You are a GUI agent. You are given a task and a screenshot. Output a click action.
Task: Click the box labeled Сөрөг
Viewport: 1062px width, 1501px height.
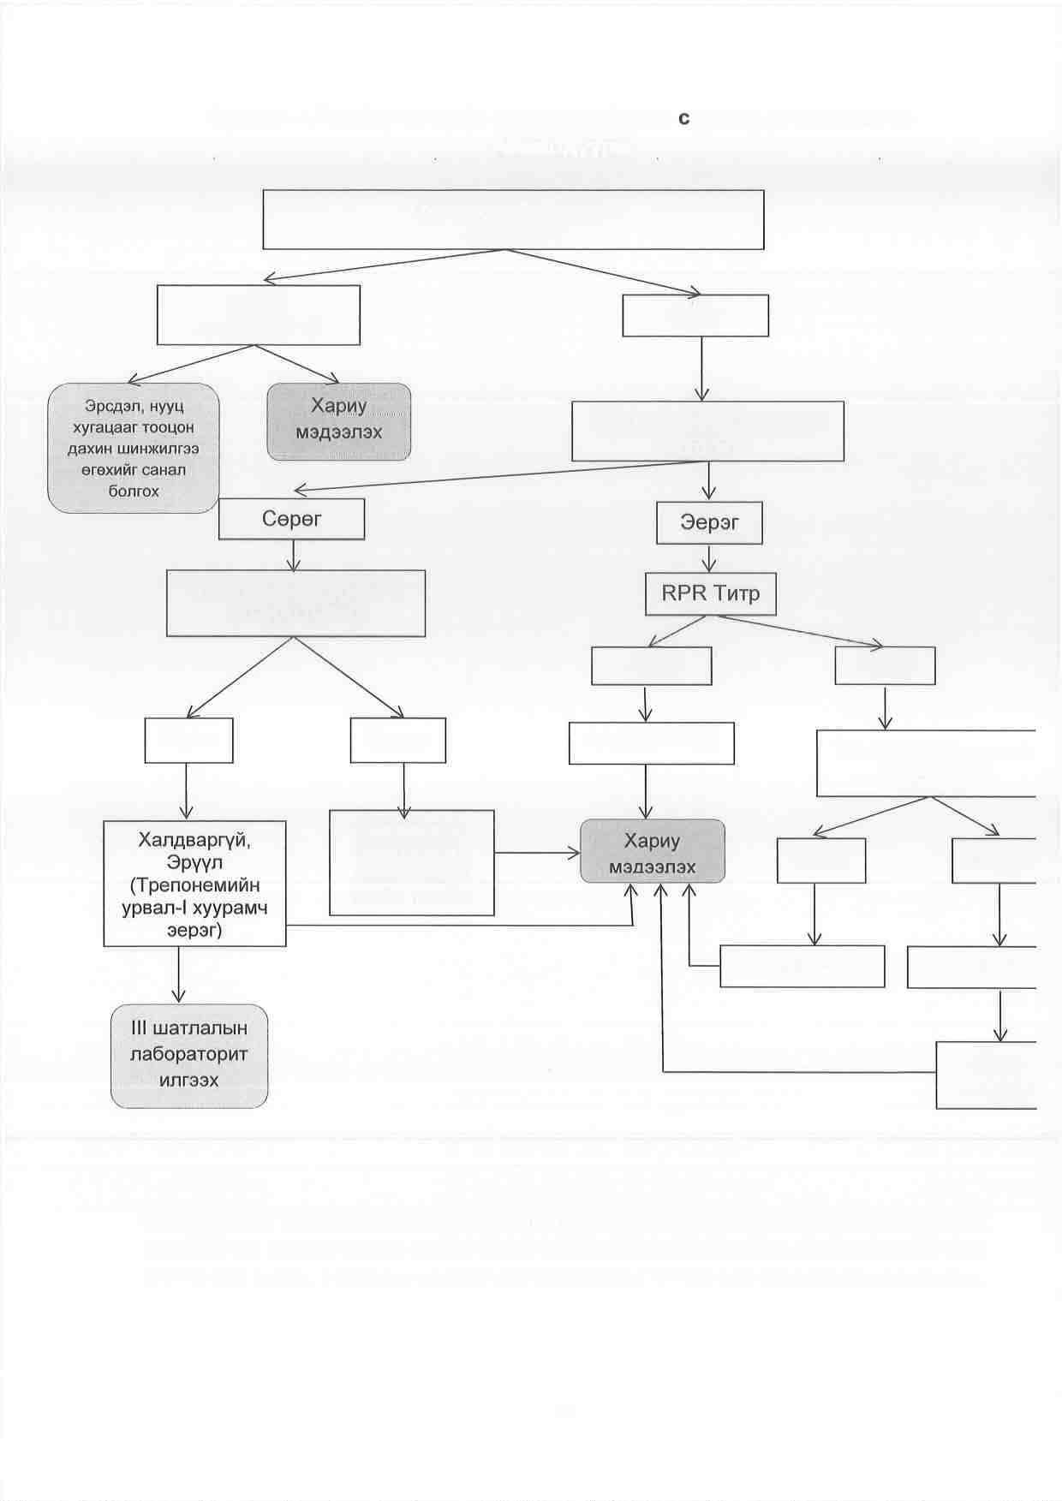291,519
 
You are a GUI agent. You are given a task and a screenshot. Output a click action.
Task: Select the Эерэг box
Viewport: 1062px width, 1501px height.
709,522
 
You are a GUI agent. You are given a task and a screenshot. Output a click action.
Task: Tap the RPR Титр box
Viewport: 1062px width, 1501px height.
710,593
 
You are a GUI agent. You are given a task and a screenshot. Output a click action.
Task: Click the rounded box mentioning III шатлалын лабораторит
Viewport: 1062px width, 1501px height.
189,1055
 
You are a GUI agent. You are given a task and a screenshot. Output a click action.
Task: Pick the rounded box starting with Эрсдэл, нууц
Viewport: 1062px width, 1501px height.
134,448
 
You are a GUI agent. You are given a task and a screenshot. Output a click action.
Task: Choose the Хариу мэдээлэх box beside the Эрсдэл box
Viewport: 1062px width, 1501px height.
339,421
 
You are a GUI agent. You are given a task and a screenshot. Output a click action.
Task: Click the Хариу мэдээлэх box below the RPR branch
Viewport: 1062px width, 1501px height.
653,852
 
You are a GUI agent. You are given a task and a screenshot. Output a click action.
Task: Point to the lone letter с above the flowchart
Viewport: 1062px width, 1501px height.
683,119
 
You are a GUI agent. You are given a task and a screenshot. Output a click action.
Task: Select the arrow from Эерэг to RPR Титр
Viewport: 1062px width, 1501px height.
709,558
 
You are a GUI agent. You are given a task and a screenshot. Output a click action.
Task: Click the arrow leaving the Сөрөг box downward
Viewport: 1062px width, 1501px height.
294,555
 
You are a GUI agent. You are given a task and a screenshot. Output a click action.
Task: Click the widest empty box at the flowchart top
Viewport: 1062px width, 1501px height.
513,219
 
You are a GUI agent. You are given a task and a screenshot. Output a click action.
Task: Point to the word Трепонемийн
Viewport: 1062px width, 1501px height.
195,885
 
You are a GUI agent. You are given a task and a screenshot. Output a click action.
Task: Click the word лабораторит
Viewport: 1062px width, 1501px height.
188,1054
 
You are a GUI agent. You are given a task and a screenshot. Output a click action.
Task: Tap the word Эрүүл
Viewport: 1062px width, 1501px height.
195,862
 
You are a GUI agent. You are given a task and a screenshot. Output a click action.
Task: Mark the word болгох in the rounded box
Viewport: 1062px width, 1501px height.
134,491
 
